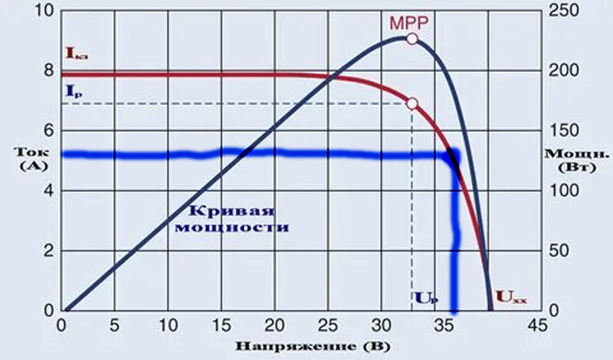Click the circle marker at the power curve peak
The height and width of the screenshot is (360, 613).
(x=412, y=38)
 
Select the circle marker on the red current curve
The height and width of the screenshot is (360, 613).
(x=412, y=103)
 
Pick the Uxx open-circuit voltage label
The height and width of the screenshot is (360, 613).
(x=511, y=294)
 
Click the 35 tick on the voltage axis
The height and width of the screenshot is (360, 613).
(x=434, y=327)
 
